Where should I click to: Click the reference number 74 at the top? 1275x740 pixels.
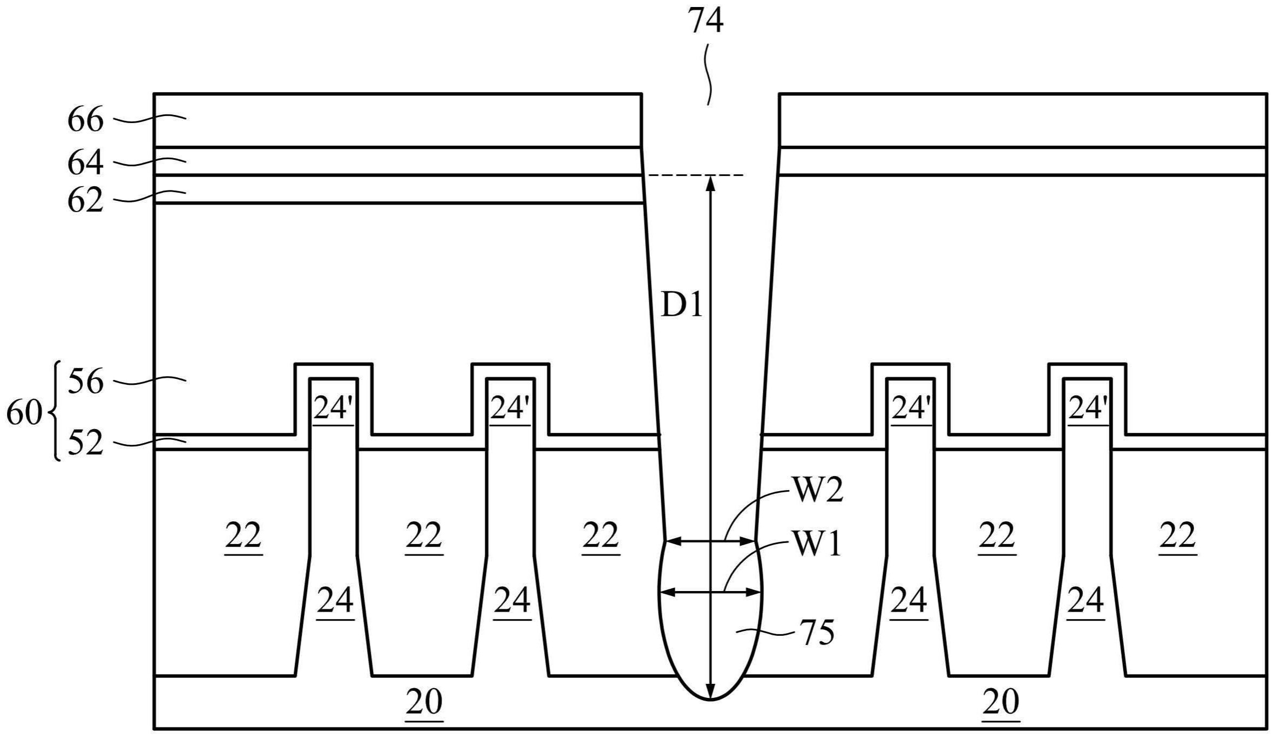coord(705,23)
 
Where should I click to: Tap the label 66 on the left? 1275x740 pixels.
coord(85,119)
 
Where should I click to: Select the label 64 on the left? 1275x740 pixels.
coord(85,163)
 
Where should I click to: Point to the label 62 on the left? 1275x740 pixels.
coord(85,201)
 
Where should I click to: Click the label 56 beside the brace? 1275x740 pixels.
coord(85,383)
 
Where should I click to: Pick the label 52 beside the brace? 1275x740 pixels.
coord(85,444)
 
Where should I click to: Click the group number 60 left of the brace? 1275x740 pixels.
coord(24,414)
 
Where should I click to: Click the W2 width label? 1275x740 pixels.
coord(817,491)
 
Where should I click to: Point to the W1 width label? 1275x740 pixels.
coord(816,544)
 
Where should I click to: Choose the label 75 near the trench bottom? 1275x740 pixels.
coord(817,633)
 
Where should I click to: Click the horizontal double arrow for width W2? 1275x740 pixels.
coord(710,541)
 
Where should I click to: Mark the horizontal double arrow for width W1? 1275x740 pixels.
coord(710,592)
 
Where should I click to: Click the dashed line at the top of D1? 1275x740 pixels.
coord(696,175)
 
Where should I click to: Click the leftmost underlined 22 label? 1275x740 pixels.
coord(243,536)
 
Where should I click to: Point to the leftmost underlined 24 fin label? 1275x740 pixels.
coord(335,601)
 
